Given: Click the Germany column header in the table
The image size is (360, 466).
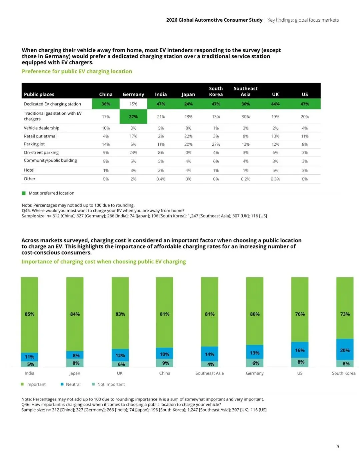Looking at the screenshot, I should point(133,94).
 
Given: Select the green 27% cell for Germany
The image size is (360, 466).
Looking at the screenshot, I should point(133,116).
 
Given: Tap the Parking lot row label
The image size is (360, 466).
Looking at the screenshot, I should point(34,144).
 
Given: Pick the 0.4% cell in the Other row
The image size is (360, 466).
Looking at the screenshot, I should point(161,179).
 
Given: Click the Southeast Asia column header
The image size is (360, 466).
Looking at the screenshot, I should point(245,91).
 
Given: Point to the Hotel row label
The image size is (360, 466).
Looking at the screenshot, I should point(29,170).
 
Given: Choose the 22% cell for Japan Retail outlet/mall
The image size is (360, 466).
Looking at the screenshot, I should point(188,136).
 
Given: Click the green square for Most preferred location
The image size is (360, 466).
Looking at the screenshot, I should point(24,193).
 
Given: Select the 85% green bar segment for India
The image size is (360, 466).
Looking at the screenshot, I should point(30,315).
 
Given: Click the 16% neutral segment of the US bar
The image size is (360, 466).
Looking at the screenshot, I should point(300,350).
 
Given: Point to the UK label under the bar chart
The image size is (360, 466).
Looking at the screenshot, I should point(120,373).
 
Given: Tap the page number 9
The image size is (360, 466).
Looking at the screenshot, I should point(338,447).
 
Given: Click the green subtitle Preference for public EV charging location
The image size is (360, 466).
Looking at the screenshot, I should point(77,71).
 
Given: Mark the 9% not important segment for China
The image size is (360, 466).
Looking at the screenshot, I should point(165,363).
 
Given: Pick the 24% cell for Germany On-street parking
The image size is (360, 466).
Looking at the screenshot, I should point(133,152).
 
